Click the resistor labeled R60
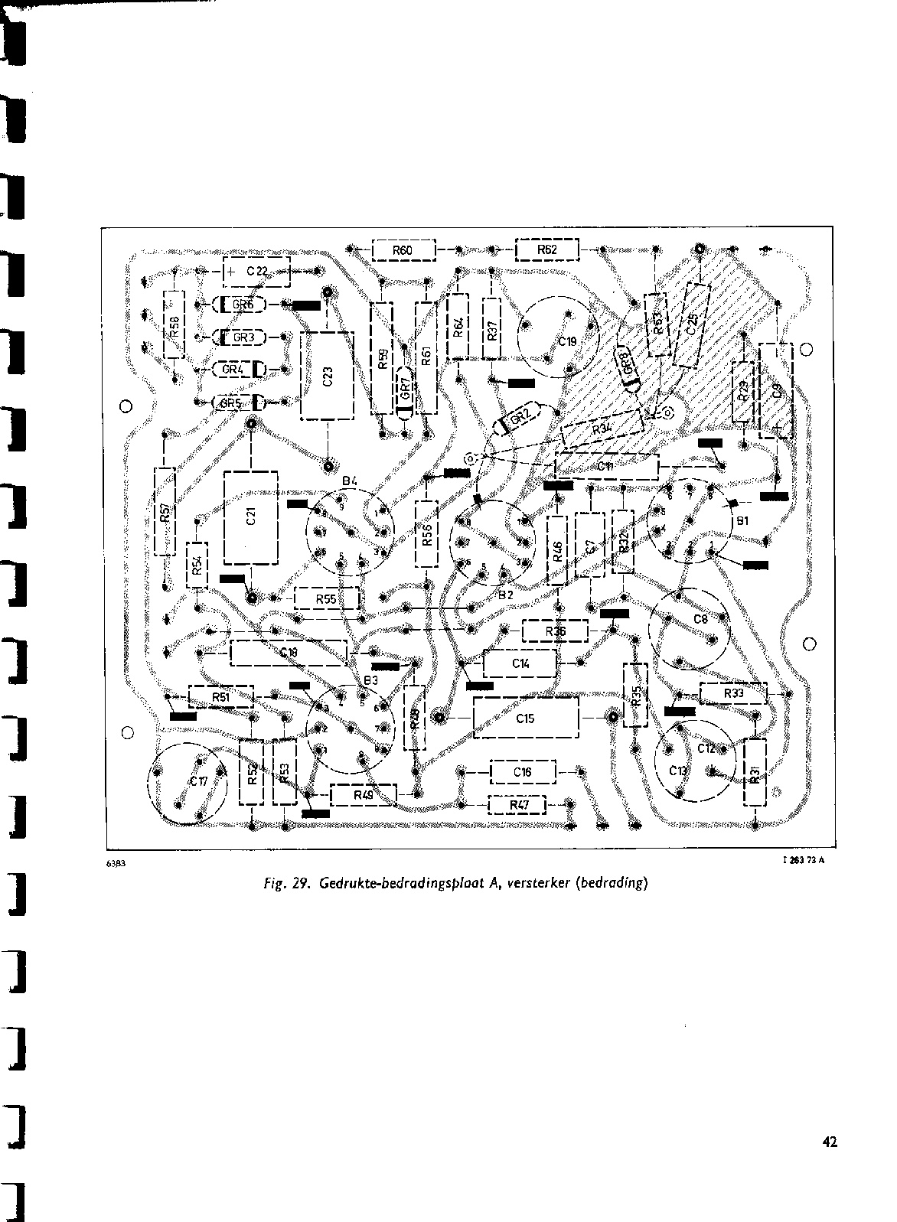pos(403,250)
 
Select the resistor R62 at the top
pos(547,249)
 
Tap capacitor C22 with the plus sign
pos(256,271)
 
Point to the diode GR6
pos(240,305)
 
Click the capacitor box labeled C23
pos(327,375)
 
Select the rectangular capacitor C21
pos(250,517)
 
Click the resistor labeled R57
pos(165,511)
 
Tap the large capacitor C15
pos(525,719)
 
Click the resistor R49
pos(364,795)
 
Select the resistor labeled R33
pos(732,693)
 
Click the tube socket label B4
pos(350,481)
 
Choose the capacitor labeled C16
pos(523,772)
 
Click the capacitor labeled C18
pos(289,653)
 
